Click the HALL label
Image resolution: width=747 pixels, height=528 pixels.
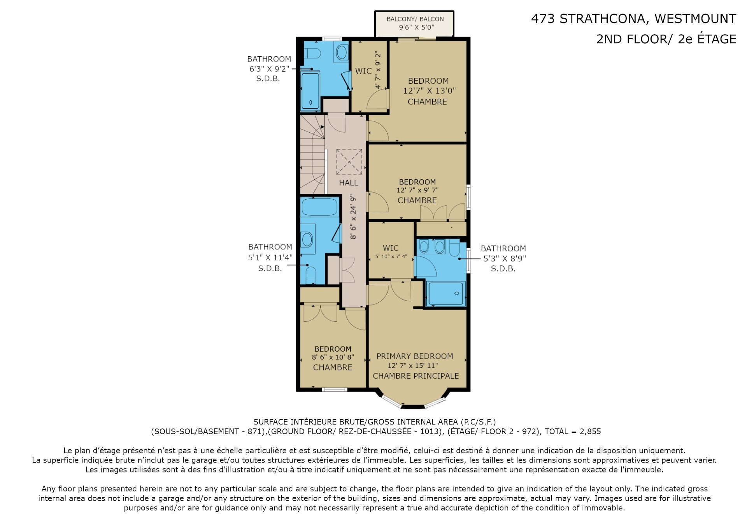pyautogui.click(x=348, y=182)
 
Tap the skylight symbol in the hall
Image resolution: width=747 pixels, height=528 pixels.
pyautogui.click(x=349, y=161)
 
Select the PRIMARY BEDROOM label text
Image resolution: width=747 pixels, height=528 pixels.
pyautogui.click(x=414, y=356)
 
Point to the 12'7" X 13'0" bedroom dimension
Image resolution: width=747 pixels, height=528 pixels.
pyautogui.click(x=429, y=91)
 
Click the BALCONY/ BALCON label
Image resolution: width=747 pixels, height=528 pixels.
pyautogui.click(x=415, y=19)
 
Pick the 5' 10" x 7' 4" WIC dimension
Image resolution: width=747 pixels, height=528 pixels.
pyautogui.click(x=391, y=256)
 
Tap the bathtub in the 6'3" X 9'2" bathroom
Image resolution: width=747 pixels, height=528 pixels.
pyautogui.click(x=310, y=91)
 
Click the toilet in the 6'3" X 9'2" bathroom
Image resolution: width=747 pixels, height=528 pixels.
pyautogui.click(x=312, y=53)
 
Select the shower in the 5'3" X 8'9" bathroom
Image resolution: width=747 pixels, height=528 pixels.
pyautogui.click(x=446, y=293)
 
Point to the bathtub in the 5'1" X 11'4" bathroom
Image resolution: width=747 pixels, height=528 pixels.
pyautogui.click(x=320, y=207)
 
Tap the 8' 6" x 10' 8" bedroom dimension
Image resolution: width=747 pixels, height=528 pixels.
pyautogui.click(x=333, y=357)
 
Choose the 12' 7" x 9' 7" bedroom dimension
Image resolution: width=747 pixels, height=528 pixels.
pyautogui.click(x=417, y=190)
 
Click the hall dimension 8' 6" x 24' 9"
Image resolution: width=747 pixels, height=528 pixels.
pyautogui.click(x=353, y=217)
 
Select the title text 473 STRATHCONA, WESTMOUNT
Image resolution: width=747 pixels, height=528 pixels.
pyautogui.click(x=633, y=19)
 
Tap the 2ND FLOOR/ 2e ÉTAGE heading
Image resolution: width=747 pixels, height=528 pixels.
pyautogui.click(x=666, y=39)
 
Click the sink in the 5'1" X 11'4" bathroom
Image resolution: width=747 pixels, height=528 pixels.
pyautogui.click(x=307, y=239)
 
